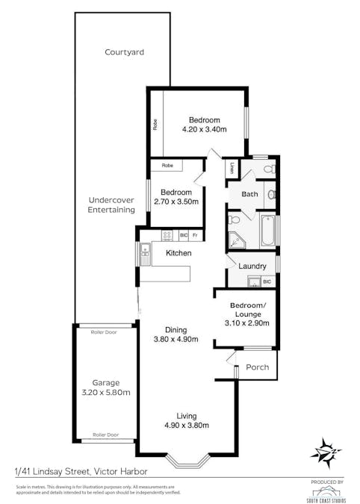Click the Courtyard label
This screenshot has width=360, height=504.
point(124,52)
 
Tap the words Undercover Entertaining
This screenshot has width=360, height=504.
point(111,205)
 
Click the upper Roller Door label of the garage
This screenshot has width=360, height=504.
point(105,332)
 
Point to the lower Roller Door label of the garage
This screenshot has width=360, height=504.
point(105,435)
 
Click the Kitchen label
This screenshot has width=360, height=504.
point(179,253)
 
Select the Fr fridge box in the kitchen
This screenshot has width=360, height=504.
point(196,235)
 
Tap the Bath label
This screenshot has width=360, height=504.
point(249,195)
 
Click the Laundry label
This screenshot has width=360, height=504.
point(252,266)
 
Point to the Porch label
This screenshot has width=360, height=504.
point(257,366)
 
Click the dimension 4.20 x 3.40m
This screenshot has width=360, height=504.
point(204,129)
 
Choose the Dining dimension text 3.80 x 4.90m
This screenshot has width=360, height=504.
point(176,339)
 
